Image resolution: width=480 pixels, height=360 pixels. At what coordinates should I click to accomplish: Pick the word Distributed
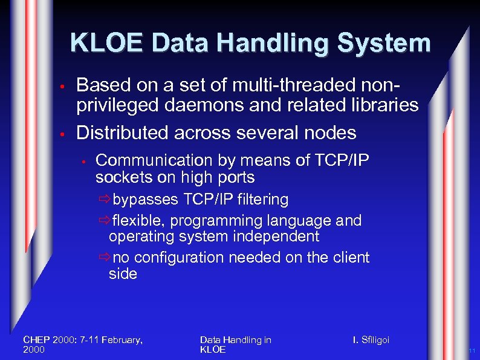click(122, 132)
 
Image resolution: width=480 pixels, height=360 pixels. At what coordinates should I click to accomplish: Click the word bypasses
click(145, 200)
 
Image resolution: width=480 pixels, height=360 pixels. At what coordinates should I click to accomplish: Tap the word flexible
click(134, 221)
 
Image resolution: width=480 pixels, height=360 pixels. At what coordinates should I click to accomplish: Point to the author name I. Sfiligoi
click(371, 340)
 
